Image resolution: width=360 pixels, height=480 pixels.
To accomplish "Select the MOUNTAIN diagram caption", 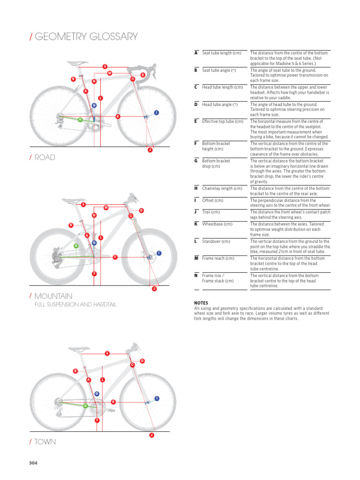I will click(x=53, y=296).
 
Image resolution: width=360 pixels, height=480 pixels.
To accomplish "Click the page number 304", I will click(x=33, y=463).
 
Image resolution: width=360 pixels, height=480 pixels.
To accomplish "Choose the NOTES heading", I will click(x=201, y=303).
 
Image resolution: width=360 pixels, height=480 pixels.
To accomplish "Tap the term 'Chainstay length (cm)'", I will click(x=222, y=188).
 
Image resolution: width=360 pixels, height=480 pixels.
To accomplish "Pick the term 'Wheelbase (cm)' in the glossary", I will click(x=217, y=224).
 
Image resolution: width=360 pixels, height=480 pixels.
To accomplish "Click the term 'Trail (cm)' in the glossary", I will click(x=211, y=212).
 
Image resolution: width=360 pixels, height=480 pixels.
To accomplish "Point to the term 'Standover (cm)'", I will click(x=216, y=241).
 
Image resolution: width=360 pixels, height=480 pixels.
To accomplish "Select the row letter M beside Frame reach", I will click(x=196, y=258).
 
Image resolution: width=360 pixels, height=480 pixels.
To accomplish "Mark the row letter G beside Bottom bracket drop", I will click(x=196, y=161).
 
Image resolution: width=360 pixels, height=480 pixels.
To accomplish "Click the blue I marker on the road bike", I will click(x=156, y=112).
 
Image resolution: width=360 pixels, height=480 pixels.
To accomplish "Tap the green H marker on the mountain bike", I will click(x=76, y=246).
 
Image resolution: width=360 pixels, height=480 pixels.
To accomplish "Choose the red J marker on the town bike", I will click(x=151, y=435).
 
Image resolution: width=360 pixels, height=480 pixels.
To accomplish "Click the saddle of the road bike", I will click(x=75, y=62).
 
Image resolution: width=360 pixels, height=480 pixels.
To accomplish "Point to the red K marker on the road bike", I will click(x=117, y=116).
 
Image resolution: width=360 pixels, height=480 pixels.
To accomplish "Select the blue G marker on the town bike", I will click(x=97, y=393).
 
